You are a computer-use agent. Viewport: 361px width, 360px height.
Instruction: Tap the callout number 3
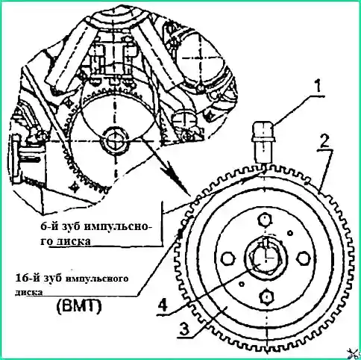183,329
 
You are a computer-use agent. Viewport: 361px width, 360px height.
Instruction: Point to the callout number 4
163,305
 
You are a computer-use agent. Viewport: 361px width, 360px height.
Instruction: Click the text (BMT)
79,306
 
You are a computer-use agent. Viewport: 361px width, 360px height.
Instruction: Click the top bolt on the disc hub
265,220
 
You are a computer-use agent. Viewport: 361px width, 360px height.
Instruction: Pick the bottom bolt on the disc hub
266,297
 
